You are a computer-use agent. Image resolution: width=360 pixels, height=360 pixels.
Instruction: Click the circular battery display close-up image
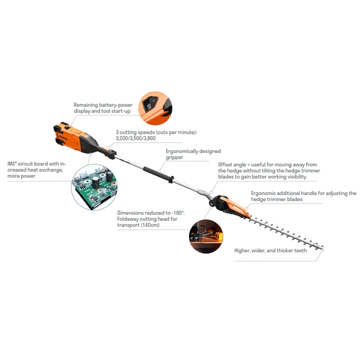(x=155, y=108)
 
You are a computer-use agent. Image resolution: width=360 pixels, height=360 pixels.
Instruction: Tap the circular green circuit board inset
(x=94, y=187)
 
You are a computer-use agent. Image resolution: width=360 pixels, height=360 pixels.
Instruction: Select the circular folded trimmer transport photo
(x=206, y=236)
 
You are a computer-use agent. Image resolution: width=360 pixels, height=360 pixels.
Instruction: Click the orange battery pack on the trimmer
(x=69, y=137)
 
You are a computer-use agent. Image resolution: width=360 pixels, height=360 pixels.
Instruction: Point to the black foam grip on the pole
(x=158, y=175)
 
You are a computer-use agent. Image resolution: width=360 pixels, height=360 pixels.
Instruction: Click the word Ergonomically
(x=182, y=151)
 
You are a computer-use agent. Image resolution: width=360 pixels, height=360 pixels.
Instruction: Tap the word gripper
(x=175, y=158)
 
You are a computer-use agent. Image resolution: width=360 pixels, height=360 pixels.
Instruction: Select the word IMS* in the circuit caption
(x=12, y=164)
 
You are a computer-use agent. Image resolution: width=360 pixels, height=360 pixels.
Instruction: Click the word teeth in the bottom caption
(x=301, y=250)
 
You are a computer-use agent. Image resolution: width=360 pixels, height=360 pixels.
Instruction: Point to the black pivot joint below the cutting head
(x=212, y=203)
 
